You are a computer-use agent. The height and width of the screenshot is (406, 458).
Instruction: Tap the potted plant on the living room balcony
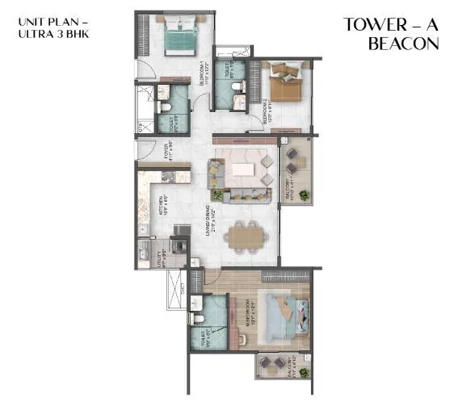[305, 195]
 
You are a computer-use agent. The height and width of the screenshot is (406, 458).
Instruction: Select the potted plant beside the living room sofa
[216, 194]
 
